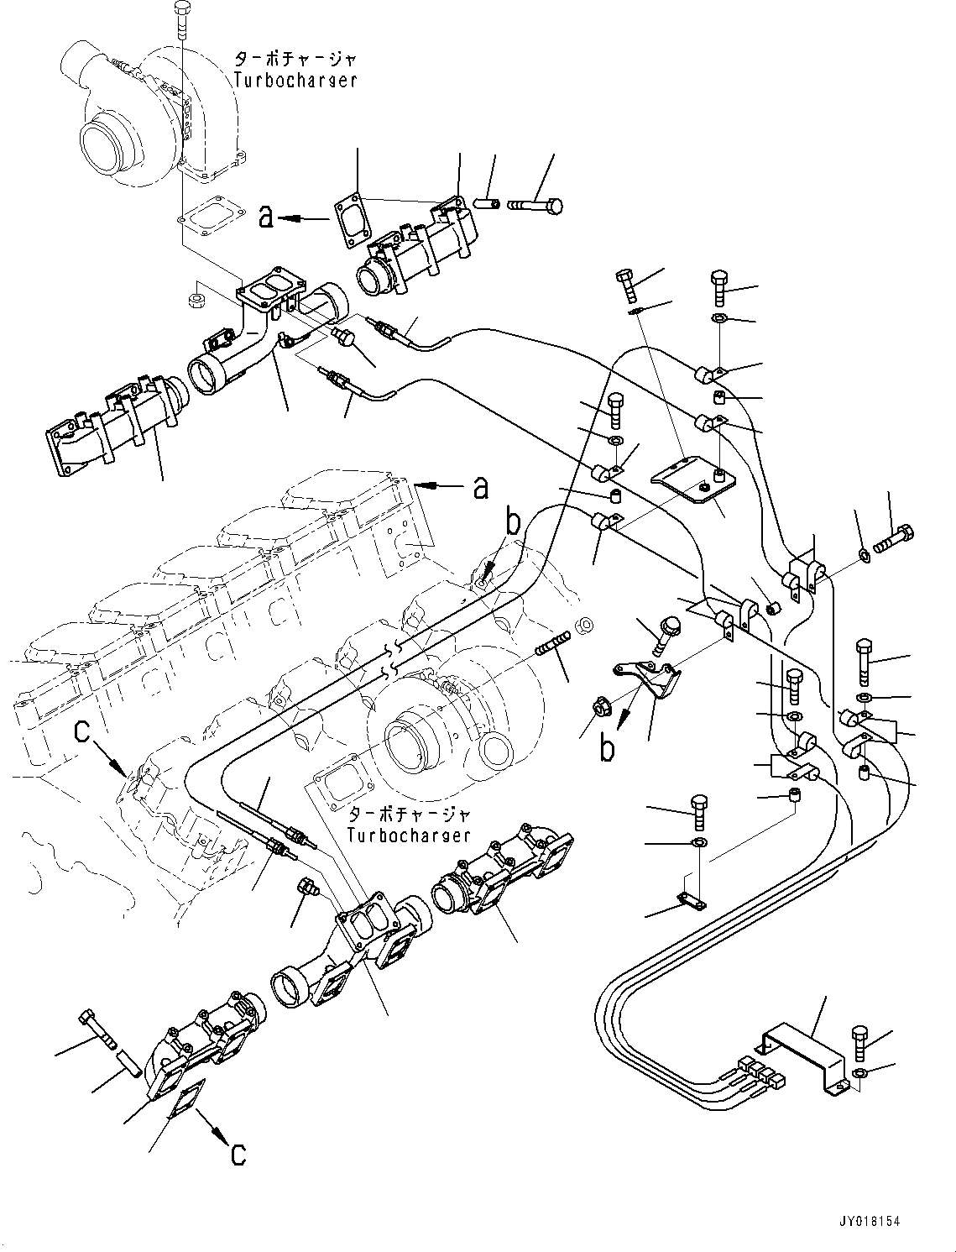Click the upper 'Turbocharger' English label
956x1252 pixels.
295,81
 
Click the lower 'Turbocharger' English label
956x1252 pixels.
410,836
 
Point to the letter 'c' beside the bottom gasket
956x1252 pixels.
238,1154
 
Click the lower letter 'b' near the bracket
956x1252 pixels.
607,747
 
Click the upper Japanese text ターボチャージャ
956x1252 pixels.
295,60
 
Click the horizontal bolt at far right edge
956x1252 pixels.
893,537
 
